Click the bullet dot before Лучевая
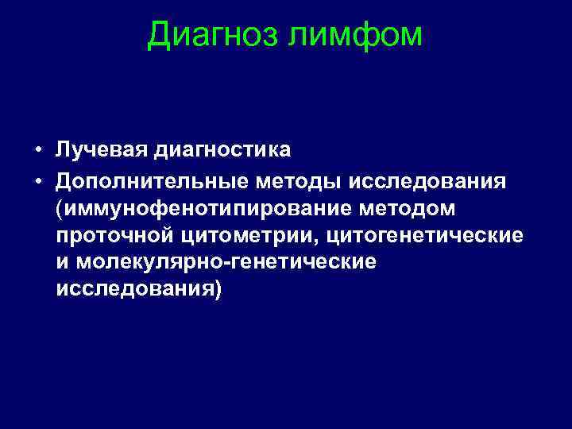tap(38, 150)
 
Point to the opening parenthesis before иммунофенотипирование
tap(60, 210)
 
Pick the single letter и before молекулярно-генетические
tap(62, 264)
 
